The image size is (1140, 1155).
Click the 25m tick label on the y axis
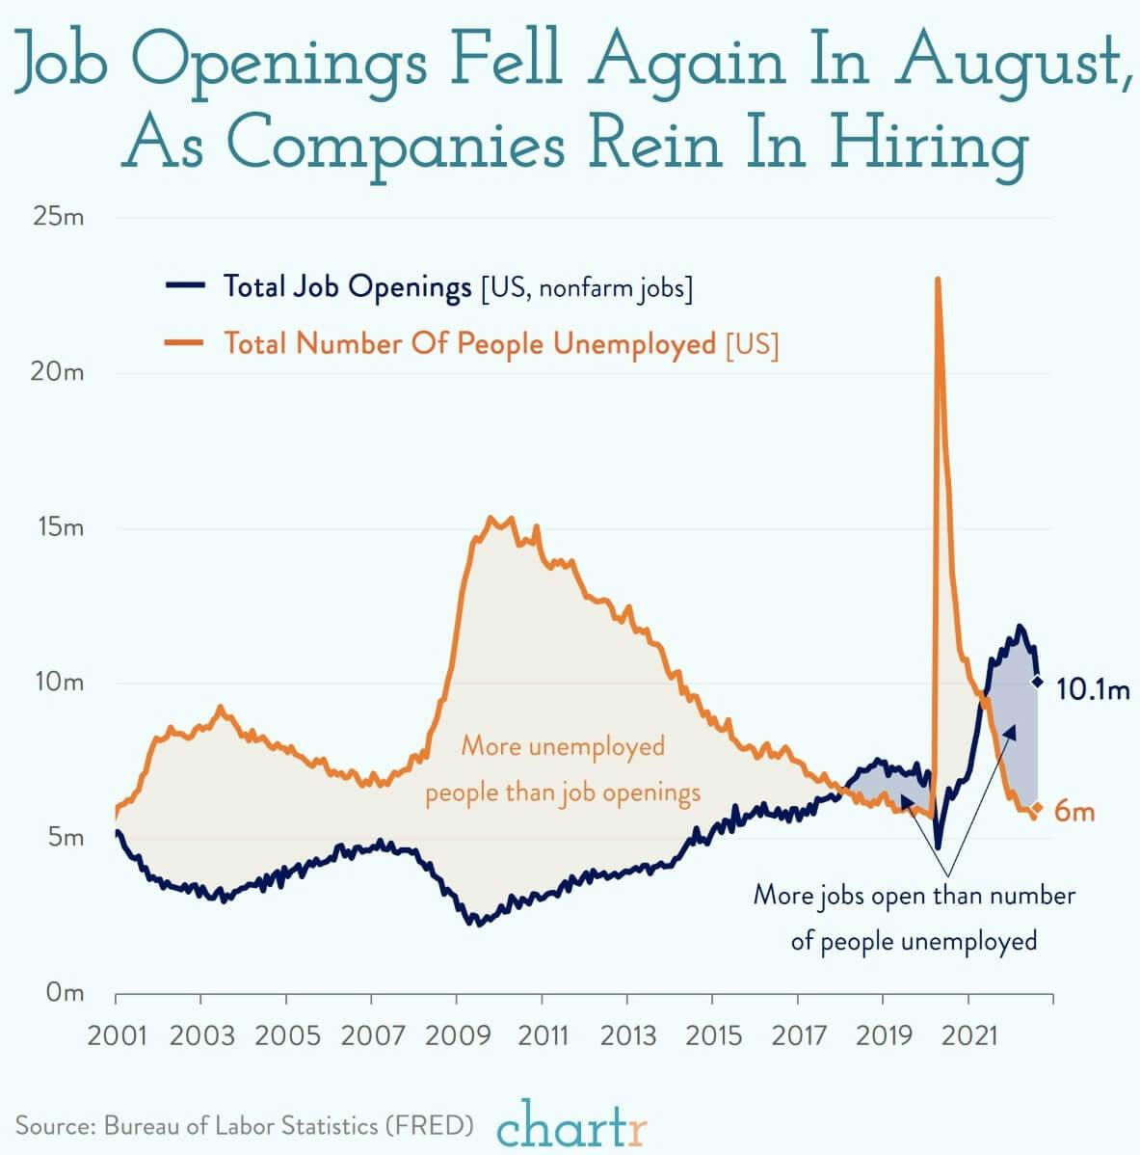59,217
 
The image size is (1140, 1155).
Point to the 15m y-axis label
59,527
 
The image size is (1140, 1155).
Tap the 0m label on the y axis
66,992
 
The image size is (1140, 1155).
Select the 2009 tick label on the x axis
456,1036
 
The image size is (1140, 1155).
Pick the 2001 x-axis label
116,1036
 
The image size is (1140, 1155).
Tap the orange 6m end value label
1074,812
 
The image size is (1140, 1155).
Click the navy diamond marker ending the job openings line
1037,682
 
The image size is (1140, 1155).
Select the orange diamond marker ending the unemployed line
1037,807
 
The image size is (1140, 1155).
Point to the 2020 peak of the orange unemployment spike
937,281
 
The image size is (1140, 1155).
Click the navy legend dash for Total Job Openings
185,285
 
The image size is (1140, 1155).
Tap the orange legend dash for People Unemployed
185,342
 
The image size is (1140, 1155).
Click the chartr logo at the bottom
572,1122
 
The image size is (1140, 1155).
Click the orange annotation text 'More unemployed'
563,745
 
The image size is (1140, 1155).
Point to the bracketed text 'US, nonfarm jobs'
586,287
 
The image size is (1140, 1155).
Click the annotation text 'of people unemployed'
914,940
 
